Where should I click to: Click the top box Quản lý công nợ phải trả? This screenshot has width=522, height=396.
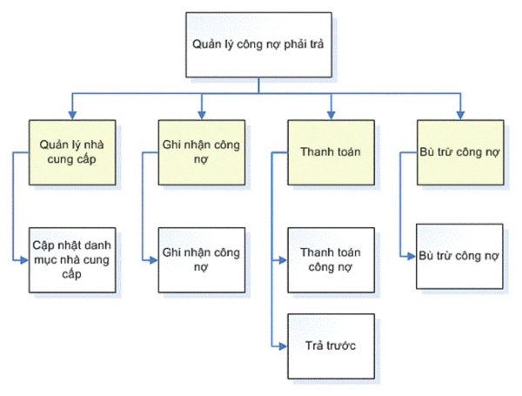click(x=258, y=44)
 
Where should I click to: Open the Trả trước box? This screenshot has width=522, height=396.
click(x=331, y=346)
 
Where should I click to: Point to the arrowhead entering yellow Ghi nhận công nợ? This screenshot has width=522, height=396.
click(x=201, y=113)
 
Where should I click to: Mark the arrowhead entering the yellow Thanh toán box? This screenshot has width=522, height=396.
click(x=331, y=113)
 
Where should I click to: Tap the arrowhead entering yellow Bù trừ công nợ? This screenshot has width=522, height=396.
click(x=460, y=113)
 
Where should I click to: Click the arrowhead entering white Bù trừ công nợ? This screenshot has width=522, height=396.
click(x=412, y=256)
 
